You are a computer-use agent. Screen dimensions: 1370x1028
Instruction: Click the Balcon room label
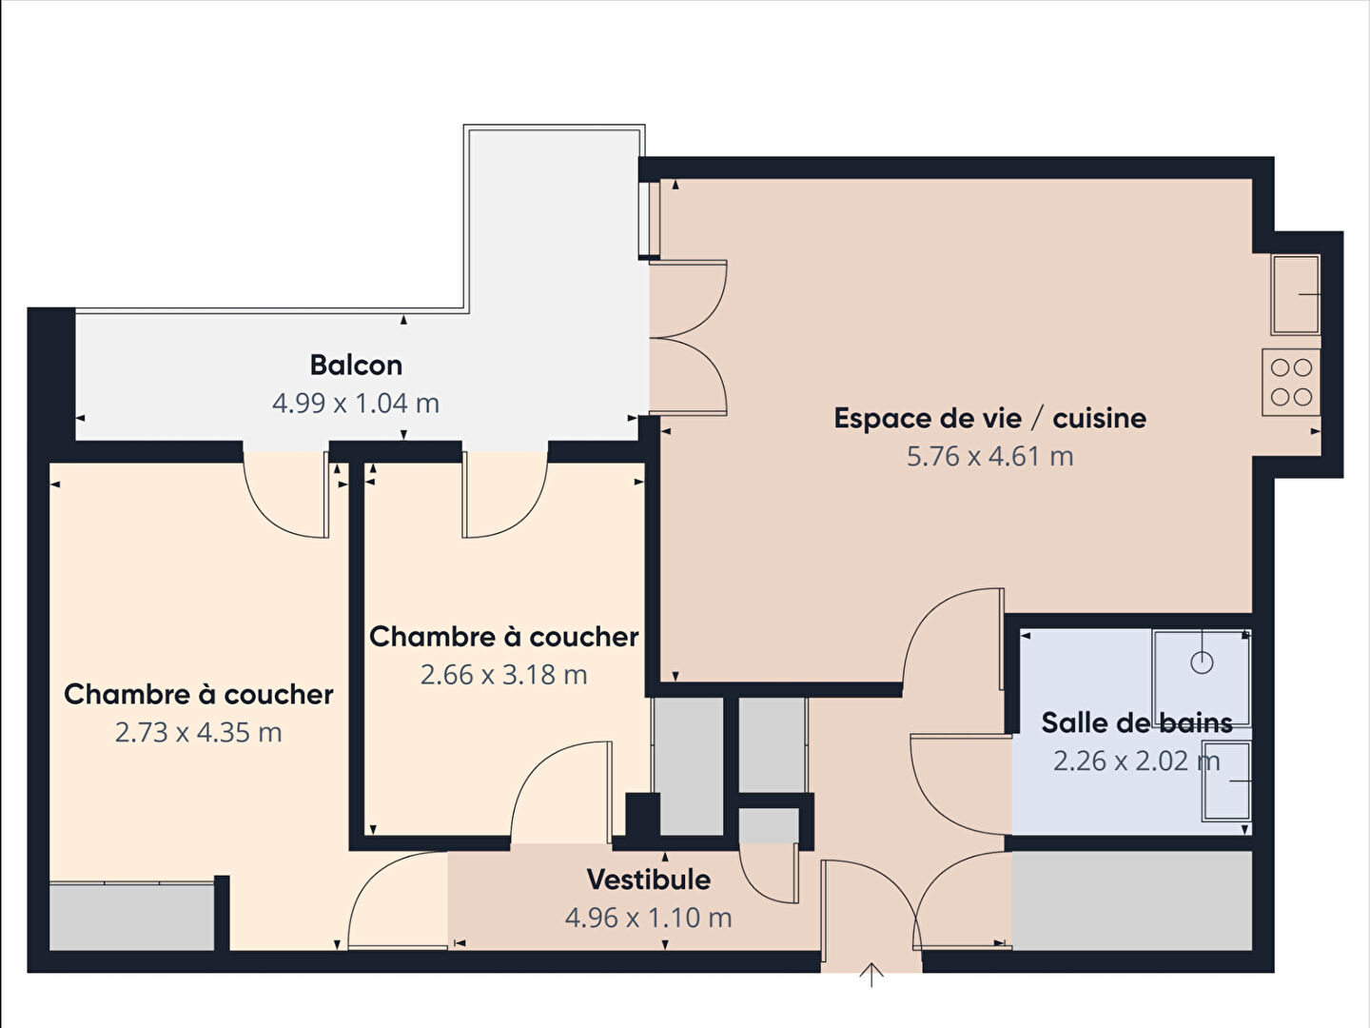point(356,366)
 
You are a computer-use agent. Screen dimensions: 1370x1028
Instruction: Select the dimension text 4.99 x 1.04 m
point(356,404)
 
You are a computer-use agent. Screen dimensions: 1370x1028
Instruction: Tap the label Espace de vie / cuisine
point(989,418)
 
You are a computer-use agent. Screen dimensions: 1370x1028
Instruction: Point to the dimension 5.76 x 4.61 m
point(989,456)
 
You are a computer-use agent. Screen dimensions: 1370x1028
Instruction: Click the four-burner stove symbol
point(1291,382)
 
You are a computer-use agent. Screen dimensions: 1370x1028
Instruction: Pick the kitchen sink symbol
point(1297,294)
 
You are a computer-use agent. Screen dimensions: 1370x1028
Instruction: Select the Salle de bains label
point(1137,722)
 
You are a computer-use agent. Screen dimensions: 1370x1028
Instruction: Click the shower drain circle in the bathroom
point(1202,662)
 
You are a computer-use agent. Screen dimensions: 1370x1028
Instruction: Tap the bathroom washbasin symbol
point(1227,781)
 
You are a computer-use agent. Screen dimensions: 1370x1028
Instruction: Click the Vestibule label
point(649,880)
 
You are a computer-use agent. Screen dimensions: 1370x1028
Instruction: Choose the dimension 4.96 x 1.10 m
point(649,918)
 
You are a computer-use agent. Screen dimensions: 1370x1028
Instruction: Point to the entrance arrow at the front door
point(871,975)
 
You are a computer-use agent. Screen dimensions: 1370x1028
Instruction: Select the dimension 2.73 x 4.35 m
point(199,732)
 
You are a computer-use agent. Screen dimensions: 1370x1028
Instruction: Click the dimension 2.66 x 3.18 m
point(503,675)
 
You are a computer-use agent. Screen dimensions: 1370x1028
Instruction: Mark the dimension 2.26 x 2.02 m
point(1137,761)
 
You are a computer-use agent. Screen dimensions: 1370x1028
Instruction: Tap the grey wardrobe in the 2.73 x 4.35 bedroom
point(131,917)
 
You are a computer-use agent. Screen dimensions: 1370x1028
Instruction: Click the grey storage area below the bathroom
point(1132,900)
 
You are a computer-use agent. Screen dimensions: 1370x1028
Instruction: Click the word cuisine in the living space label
point(1100,418)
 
